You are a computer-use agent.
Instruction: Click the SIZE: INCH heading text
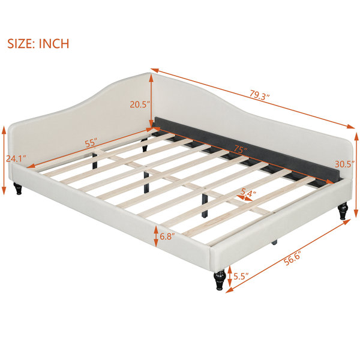click(x=38, y=44)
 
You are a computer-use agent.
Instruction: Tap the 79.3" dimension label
click(x=260, y=95)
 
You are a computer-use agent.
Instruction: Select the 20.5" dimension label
click(x=140, y=104)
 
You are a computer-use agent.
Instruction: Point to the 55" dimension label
click(x=91, y=143)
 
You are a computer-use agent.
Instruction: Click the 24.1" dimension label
click(x=16, y=158)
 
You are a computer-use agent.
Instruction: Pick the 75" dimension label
click(x=241, y=149)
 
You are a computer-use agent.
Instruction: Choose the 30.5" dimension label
click(x=345, y=164)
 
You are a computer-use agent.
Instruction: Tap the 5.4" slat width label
click(x=248, y=193)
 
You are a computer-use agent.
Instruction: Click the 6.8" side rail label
click(x=167, y=236)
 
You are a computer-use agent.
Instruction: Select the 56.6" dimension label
click(x=292, y=259)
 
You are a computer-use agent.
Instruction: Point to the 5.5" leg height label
click(x=241, y=276)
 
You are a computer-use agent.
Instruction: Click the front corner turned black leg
click(x=218, y=280)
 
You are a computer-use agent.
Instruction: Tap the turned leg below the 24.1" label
click(x=17, y=188)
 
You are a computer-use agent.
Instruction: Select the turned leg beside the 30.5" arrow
click(x=343, y=211)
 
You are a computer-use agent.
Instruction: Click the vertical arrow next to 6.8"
click(x=156, y=236)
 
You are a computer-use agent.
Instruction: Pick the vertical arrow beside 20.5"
click(x=151, y=100)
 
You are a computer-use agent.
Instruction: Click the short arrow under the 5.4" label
click(x=245, y=198)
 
